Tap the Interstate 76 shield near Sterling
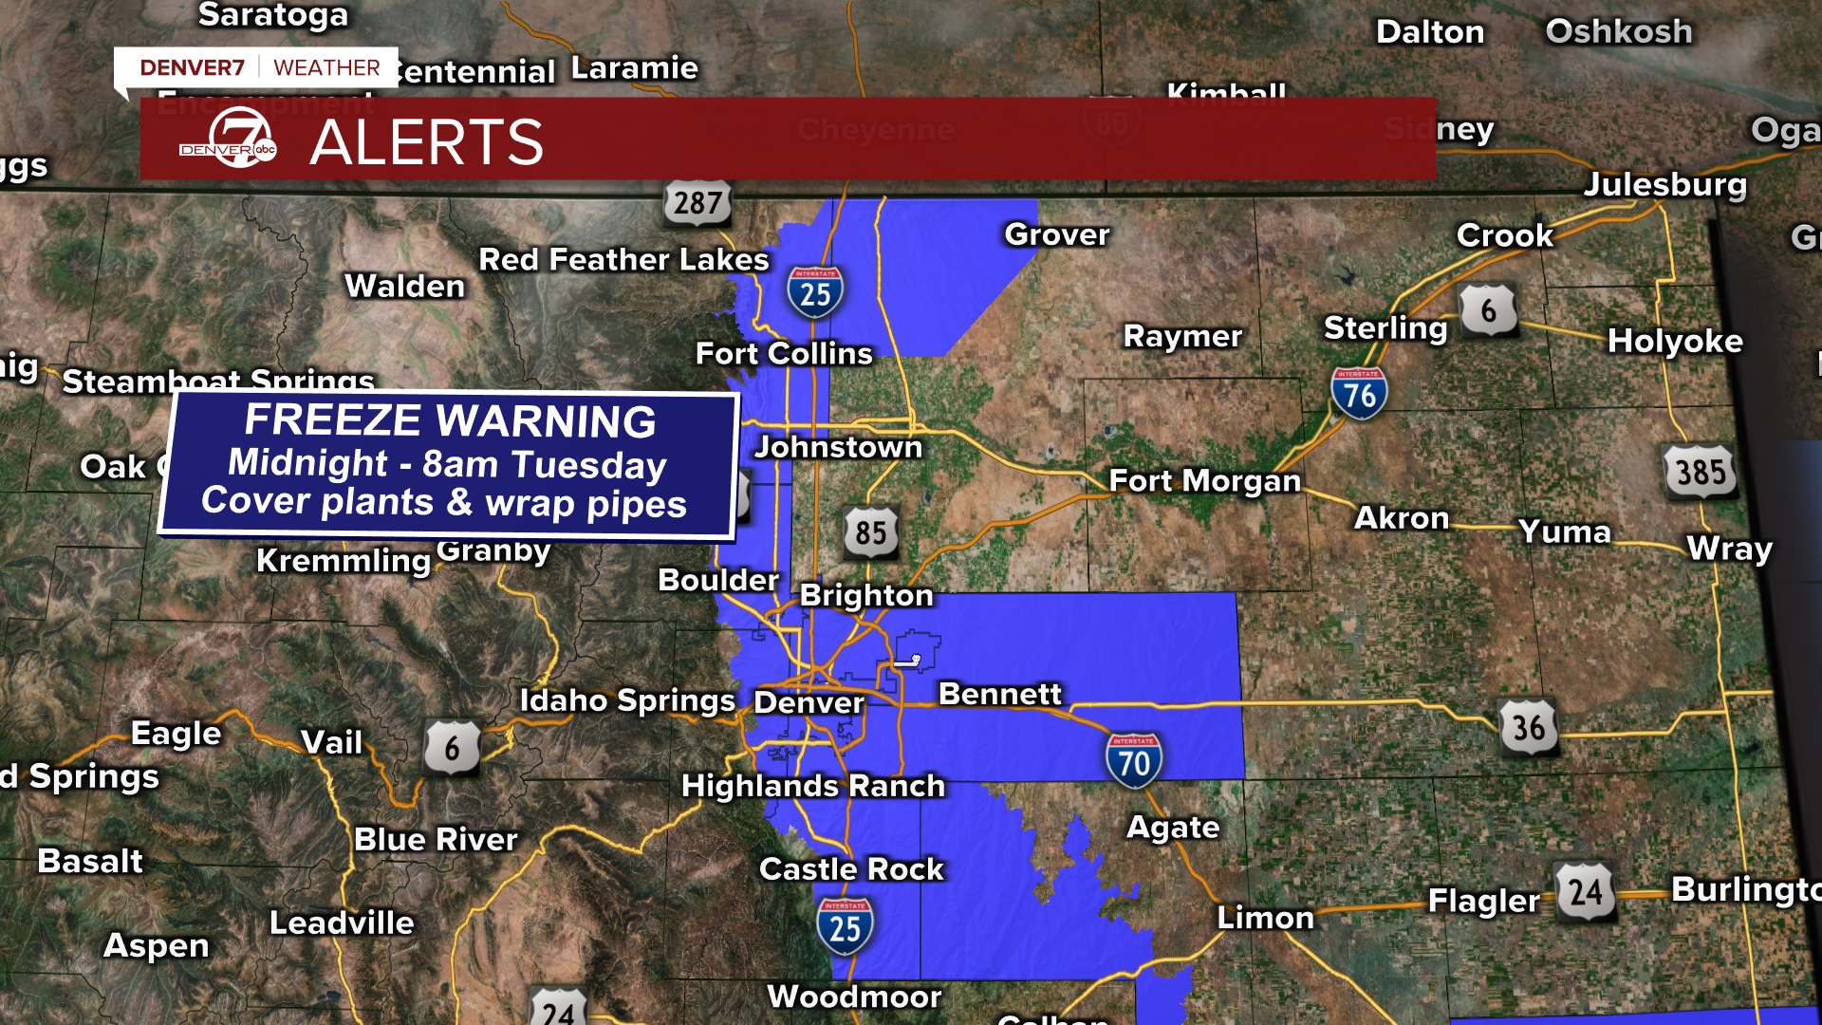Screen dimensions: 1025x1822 [1359, 392]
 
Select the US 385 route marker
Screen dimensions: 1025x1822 [1701, 471]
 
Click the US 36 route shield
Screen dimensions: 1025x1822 [1528, 727]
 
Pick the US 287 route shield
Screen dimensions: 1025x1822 [697, 201]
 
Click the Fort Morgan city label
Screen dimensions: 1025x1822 [1204, 481]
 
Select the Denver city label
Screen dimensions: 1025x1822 [809, 703]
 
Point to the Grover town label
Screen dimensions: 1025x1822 [1057, 234]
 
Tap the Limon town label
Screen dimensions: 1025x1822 [1265, 918]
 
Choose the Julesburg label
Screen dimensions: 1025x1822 [1664, 184]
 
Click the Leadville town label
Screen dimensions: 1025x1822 [342, 922]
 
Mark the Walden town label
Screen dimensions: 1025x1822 [405, 286]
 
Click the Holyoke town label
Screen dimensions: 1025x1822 [1675, 341]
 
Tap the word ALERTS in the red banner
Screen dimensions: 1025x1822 [426, 142]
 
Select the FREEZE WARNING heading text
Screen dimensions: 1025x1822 [450, 420]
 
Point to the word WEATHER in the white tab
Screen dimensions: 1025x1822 [326, 67]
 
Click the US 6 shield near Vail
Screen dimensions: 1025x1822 [451, 748]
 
